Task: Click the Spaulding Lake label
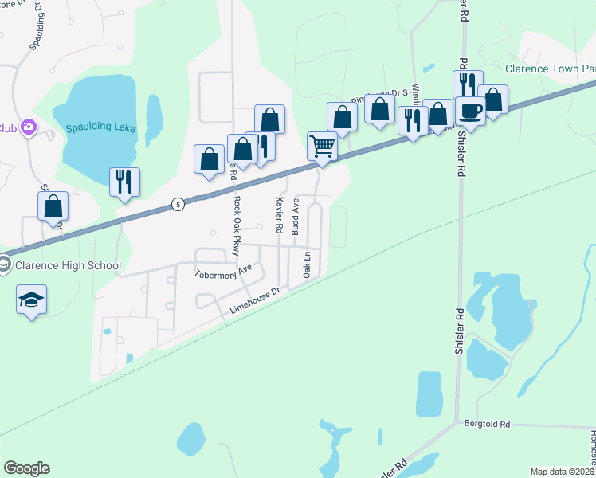[x=101, y=128]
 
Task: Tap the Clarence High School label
[x=68, y=266]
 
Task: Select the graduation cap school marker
[x=31, y=300]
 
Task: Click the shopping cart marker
[x=322, y=147]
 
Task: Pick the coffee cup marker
[x=470, y=112]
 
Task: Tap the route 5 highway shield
[x=177, y=205]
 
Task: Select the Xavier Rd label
[x=279, y=214]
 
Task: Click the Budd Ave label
[x=295, y=217]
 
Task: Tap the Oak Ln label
[x=307, y=264]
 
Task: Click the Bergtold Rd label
[x=486, y=425]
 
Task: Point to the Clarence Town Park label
[x=551, y=69]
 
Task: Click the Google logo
[x=26, y=468]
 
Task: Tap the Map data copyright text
[x=563, y=472]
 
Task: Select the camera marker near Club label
[x=29, y=127]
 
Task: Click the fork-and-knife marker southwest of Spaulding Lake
[x=124, y=182]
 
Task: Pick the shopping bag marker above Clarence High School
[x=53, y=206]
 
